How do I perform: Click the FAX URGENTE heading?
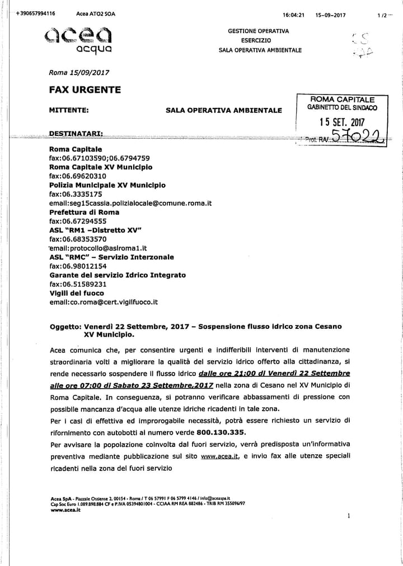pyautogui.click(x=85, y=90)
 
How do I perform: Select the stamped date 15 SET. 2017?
pyautogui.click(x=341, y=120)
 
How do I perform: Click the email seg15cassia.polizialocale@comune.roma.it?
pyautogui.click(x=130, y=203)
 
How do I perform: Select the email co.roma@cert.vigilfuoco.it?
pyautogui.click(x=104, y=301)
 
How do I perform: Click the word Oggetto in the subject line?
pyautogui.click(x=66, y=327)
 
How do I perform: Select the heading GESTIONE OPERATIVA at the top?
pyautogui.click(x=258, y=31)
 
